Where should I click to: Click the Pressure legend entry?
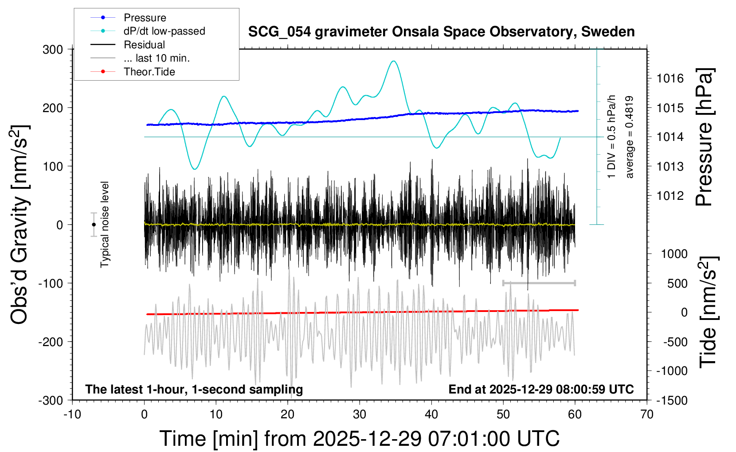[x=145, y=18]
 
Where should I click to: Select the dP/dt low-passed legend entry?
[x=164, y=31]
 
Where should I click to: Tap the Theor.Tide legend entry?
[x=149, y=72]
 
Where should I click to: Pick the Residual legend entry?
[x=144, y=45]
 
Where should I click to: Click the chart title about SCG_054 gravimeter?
[x=441, y=32]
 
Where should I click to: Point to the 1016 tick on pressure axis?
[x=670, y=79]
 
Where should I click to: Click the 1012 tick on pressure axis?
[x=670, y=196]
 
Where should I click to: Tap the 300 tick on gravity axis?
[x=53, y=49]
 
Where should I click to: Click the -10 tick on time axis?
[x=72, y=415]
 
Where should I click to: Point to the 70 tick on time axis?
[x=647, y=415]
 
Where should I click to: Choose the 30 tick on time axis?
[x=360, y=415]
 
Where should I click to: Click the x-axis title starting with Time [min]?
[x=360, y=439]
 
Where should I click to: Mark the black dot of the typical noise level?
[x=94, y=225]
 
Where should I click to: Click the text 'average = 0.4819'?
[x=630, y=137]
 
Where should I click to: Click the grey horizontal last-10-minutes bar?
[x=539, y=283]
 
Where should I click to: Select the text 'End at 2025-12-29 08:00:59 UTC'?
[x=541, y=390]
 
